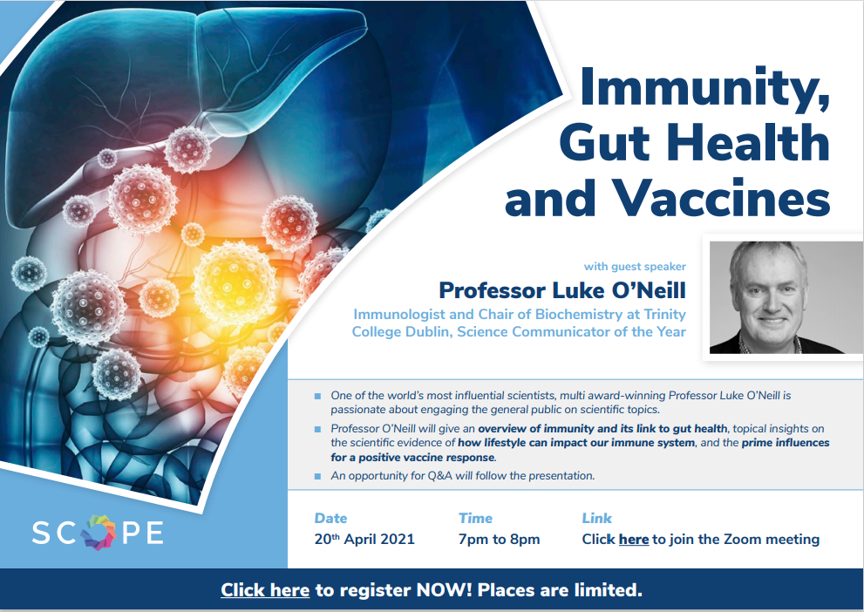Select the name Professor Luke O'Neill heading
coord(562,290)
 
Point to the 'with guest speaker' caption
coord(635,267)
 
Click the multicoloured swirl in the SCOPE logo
coord(99,532)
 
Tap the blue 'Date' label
coord(330,519)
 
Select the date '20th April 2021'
coord(364,539)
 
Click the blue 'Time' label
coord(475,519)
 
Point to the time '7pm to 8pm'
coord(500,540)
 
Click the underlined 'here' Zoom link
coord(634,540)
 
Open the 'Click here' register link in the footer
coord(265,590)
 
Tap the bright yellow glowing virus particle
coord(235,282)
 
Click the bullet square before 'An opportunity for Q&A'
coord(317,476)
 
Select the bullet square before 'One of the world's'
coord(317,396)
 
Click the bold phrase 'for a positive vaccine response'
coord(412,457)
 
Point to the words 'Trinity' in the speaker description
coord(665,315)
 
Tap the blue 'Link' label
coord(596,519)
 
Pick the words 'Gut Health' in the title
coord(695,142)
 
